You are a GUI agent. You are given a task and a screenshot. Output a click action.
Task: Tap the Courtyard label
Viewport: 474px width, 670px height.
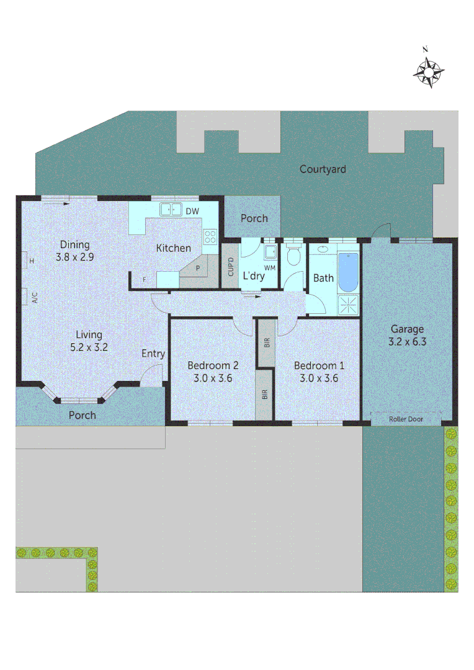323,169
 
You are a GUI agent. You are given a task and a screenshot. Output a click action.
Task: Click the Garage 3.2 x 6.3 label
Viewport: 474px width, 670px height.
407,335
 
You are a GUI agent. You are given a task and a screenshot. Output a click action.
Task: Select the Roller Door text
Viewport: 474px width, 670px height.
406,419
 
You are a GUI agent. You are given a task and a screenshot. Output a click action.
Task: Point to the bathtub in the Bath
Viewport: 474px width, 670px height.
349,273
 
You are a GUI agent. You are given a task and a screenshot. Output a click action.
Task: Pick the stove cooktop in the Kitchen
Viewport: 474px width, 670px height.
210,236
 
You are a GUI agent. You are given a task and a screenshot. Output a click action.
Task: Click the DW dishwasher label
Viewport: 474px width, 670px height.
192,211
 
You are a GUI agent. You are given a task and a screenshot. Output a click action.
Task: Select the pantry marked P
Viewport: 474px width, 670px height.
198,268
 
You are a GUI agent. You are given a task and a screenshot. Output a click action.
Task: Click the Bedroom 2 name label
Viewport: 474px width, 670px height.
213,365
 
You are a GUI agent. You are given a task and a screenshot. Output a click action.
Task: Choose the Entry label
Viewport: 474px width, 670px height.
153,354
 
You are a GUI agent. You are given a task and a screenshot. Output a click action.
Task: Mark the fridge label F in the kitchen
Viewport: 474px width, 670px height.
144,280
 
